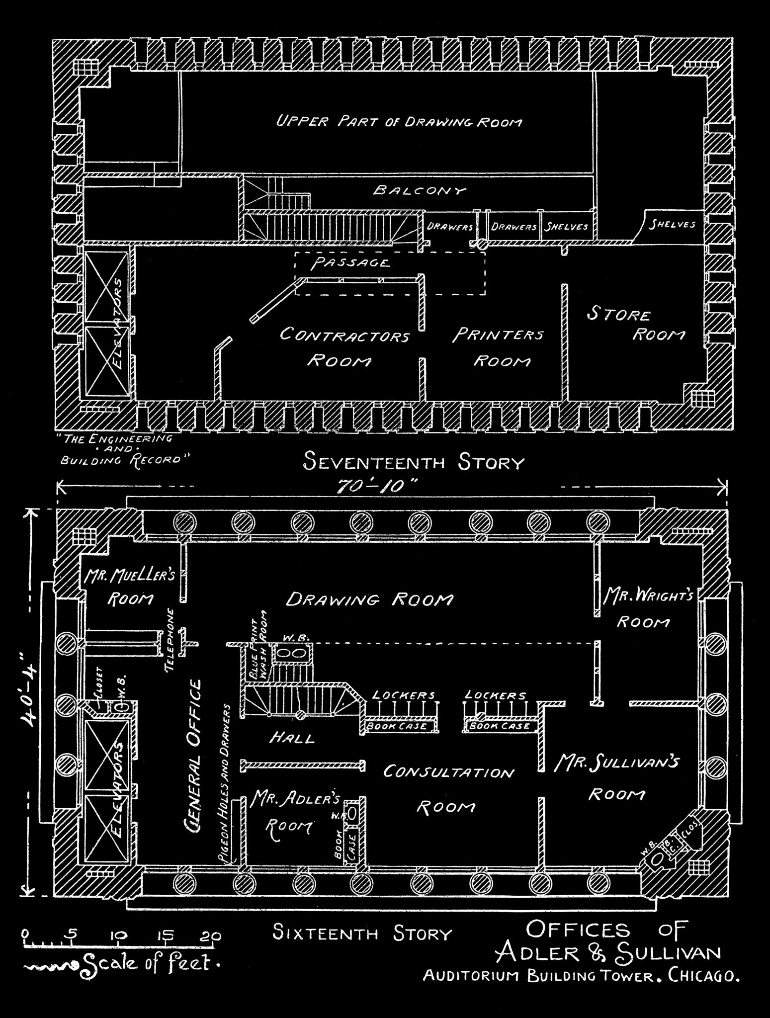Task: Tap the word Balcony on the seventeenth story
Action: click(x=420, y=190)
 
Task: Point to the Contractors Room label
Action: click(x=344, y=347)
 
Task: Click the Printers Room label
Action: click(x=499, y=347)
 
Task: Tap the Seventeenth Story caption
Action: click(x=414, y=463)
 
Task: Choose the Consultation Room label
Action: click(x=447, y=788)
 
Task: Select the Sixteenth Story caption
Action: click(x=362, y=933)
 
